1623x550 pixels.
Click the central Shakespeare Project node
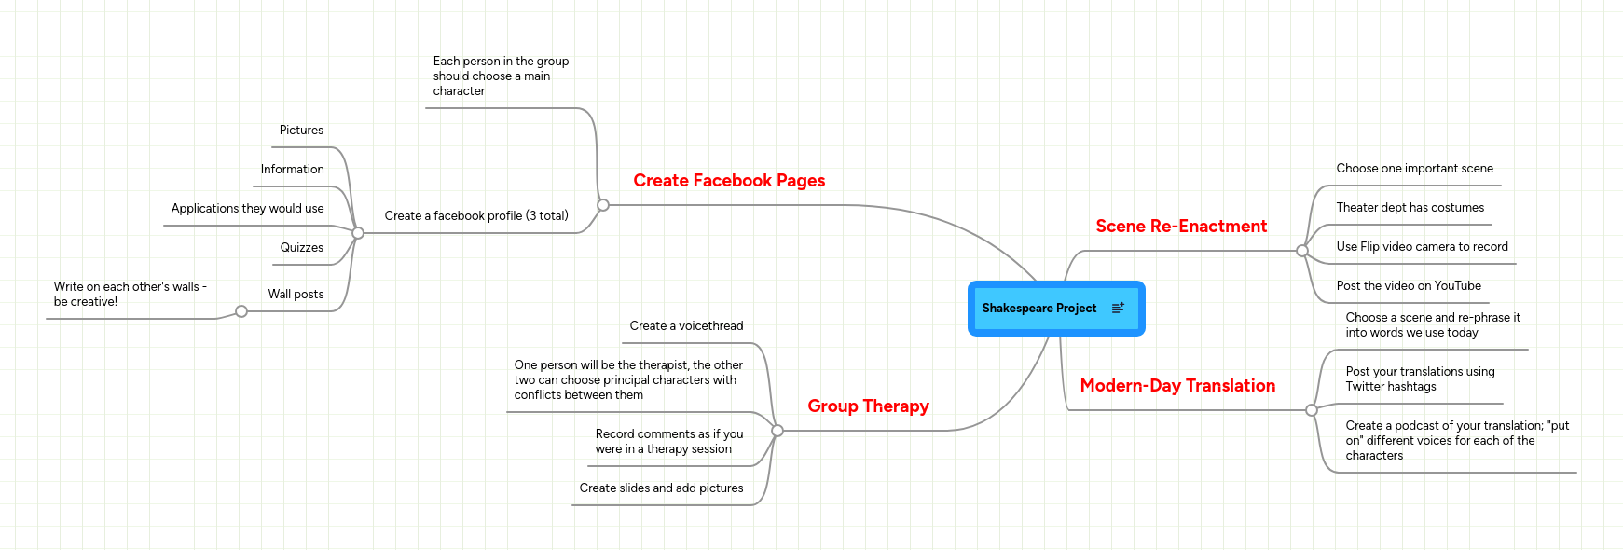[x=1039, y=309]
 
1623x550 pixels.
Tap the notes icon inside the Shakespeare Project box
[x=1118, y=308]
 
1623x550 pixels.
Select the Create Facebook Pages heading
[x=729, y=181]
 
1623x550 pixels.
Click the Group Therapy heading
[x=868, y=406]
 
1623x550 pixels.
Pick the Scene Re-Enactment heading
[x=1181, y=227]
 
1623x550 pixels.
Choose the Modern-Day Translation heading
[x=1177, y=386]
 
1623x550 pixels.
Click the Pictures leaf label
[x=301, y=131]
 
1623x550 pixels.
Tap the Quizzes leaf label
[x=301, y=248]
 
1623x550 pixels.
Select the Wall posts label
[x=296, y=295]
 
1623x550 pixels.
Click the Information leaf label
[x=292, y=170]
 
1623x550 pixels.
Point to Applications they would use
[x=247, y=209]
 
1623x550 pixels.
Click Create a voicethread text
[x=686, y=326]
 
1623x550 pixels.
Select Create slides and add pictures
[x=661, y=488]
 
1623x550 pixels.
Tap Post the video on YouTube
[x=1408, y=286]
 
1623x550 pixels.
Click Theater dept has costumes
[x=1410, y=208]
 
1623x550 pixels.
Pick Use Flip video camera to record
[x=1422, y=247]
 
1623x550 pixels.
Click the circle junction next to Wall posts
[x=241, y=311]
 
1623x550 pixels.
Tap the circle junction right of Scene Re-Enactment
[x=1302, y=251]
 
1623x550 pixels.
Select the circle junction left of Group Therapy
[x=777, y=431]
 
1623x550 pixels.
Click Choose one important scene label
[x=1414, y=169]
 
